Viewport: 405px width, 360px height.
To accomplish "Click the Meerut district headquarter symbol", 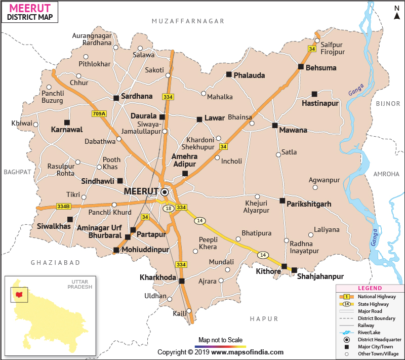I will [164, 192].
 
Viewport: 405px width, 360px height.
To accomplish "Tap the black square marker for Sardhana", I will [116, 98].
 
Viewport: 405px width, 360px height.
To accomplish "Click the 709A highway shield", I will [99, 114].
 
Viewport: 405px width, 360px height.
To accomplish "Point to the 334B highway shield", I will [63, 207].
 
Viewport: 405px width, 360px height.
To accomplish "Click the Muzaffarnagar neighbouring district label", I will [188, 21].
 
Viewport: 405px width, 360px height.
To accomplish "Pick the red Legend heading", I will [370, 288].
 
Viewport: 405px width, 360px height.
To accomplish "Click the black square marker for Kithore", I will [284, 266].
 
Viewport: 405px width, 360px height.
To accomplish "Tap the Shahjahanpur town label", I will [320, 276].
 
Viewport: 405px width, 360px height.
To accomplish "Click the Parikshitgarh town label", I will [309, 204].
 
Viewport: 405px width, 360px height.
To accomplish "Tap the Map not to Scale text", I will [220, 340].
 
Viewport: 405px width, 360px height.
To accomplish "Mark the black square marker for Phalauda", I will [229, 74].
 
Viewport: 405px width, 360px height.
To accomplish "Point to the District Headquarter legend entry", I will [379, 339].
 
